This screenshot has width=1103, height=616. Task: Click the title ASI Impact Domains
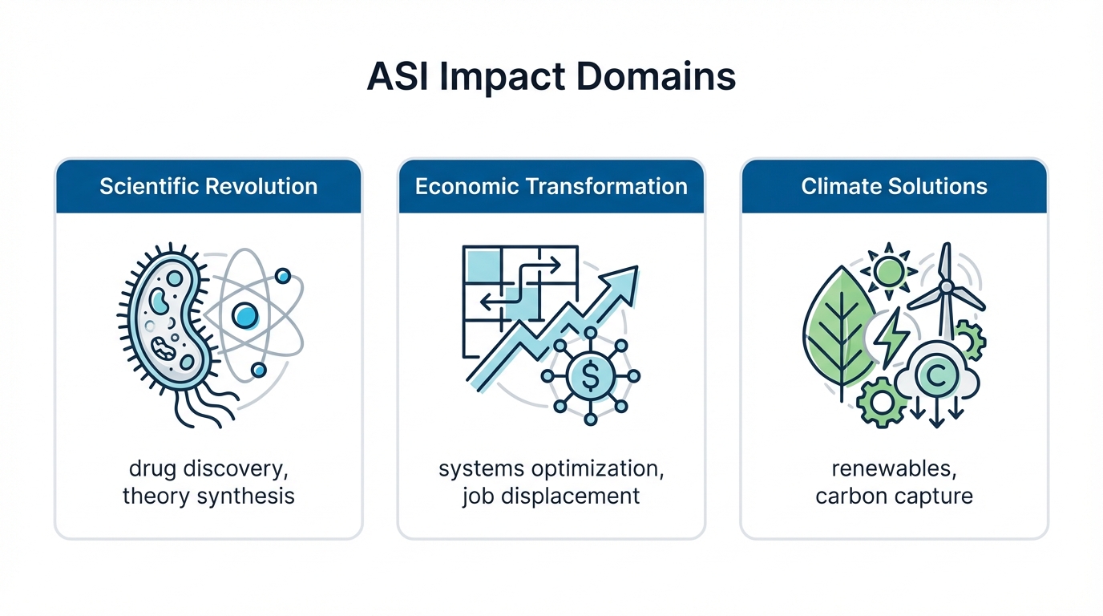click(x=551, y=77)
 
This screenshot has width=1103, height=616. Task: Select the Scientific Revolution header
click(x=208, y=187)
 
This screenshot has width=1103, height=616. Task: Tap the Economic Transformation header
click(x=551, y=187)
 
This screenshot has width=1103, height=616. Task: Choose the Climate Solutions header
click(x=894, y=187)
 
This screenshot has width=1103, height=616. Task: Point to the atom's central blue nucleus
click(x=244, y=316)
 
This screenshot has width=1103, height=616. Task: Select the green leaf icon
click(x=838, y=329)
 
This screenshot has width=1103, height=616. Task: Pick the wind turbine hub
click(x=946, y=286)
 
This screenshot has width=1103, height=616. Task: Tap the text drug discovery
click(x=208, y=468)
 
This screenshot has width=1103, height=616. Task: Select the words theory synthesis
click(x=208, y=496)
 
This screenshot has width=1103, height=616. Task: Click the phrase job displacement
click(x=551, y=496)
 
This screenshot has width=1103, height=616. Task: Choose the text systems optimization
click(x=551, y=468)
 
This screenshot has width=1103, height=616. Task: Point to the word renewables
click(x=894, y=468)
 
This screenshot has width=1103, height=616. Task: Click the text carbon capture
click(x=894, y=496)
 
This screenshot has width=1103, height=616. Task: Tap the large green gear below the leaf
click(x=881, y=402)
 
